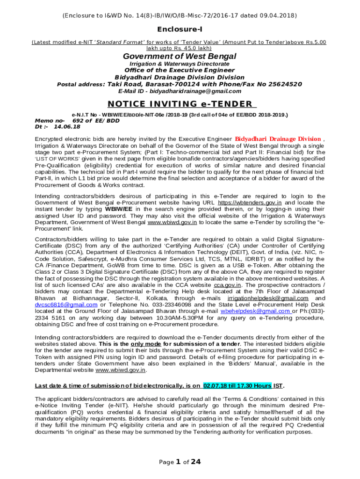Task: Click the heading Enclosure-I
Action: [180, 29]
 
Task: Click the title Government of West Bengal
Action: [180, 57]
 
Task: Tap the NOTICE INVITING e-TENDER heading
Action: [180, 104]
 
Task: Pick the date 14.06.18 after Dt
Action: [67, 127]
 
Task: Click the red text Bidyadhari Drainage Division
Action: [278, 139]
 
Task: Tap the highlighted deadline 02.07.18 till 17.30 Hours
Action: [237, 386]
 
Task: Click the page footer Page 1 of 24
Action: [180, 462]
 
